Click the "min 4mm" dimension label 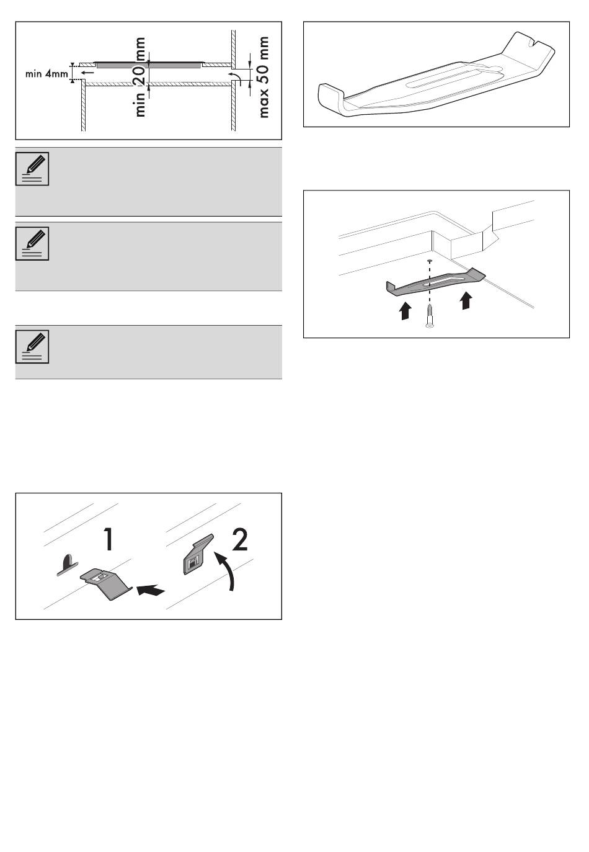pyautogui.click(x=46, y=74)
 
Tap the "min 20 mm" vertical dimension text pyautogui.click(x=140, y=77)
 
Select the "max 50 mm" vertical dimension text pyautogui.click(x=263, y=77)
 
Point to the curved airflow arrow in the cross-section pyautogui.click(x=235, y=76)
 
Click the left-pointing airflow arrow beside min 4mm pyautogui.click(x=88, y=72)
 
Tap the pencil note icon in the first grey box pyautogui.click(x=32, y=169)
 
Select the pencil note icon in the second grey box pyautogui.click(x=32, y=244)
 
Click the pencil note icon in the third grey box pyautogui.click(x=32, y=347)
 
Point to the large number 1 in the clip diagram pyautogui.click(x=108, y=539)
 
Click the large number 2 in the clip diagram pyautogui.click(x=240, y=539)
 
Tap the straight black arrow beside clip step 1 pyautogui.click(x=151, y=590)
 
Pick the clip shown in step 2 pyautogui.click(x=198, y=555)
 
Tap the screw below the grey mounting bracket pyautogui.click(x=430, y=316)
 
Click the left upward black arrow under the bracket pyautogui.click(x=405, y=311)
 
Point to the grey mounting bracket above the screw pyautogui.click(x=436, y=282)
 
